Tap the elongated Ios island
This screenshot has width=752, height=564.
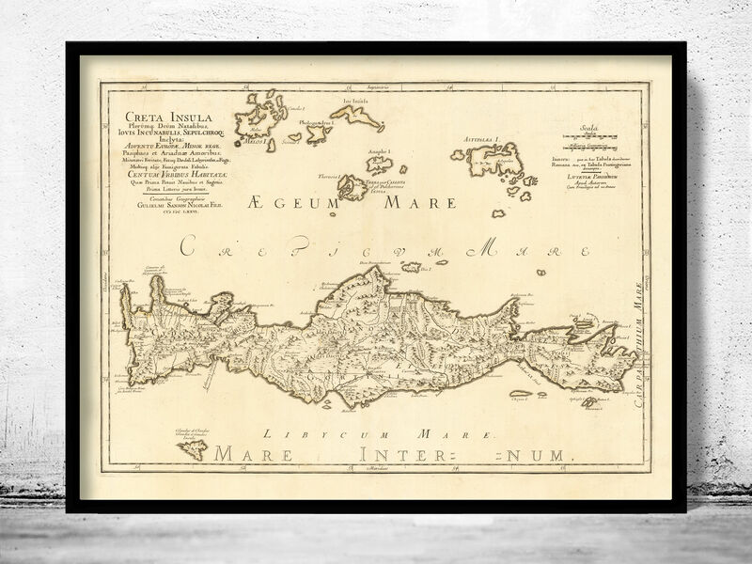pyautogui.click(x=357, y=117)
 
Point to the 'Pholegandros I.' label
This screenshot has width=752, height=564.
pyautogui.click(x=317, y=121)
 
